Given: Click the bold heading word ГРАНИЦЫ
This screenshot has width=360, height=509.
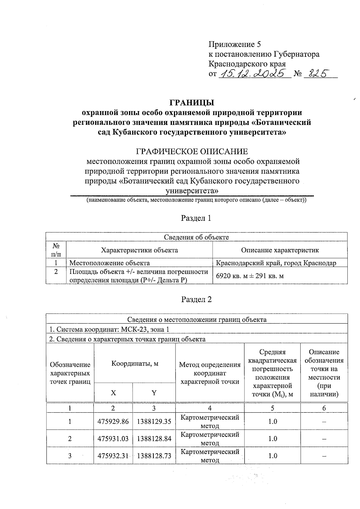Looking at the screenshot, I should [192, 103].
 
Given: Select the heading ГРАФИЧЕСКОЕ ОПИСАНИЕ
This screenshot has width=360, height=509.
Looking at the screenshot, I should [192, 151].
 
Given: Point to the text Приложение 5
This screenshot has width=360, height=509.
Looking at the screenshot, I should [235, 45].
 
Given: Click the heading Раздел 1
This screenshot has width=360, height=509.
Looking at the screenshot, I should [196, 218].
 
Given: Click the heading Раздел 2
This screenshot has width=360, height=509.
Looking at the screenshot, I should [196, 299].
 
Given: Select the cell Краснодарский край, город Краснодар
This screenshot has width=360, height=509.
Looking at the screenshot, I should [276, 263].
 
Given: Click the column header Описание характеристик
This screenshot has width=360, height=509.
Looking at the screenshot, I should [280, 250].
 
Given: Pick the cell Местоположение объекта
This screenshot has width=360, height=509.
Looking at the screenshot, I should [110, 263].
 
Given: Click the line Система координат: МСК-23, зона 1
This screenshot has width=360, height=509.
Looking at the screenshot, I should [109, 329].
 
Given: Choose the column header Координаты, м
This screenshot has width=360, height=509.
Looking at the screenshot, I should [135, 364].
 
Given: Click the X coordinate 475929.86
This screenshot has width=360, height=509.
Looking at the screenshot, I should [113, 421].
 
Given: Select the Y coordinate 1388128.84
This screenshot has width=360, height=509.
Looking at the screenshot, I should [154, 439].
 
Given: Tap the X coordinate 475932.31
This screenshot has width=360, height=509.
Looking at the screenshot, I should [113, 456].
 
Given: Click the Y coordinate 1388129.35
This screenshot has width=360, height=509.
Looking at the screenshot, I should [154, 421].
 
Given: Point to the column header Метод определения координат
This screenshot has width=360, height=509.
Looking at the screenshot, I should [210, 373].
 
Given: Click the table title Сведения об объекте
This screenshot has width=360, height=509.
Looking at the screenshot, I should [196, 237].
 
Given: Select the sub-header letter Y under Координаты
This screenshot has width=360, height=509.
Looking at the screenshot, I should [154, 393].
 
